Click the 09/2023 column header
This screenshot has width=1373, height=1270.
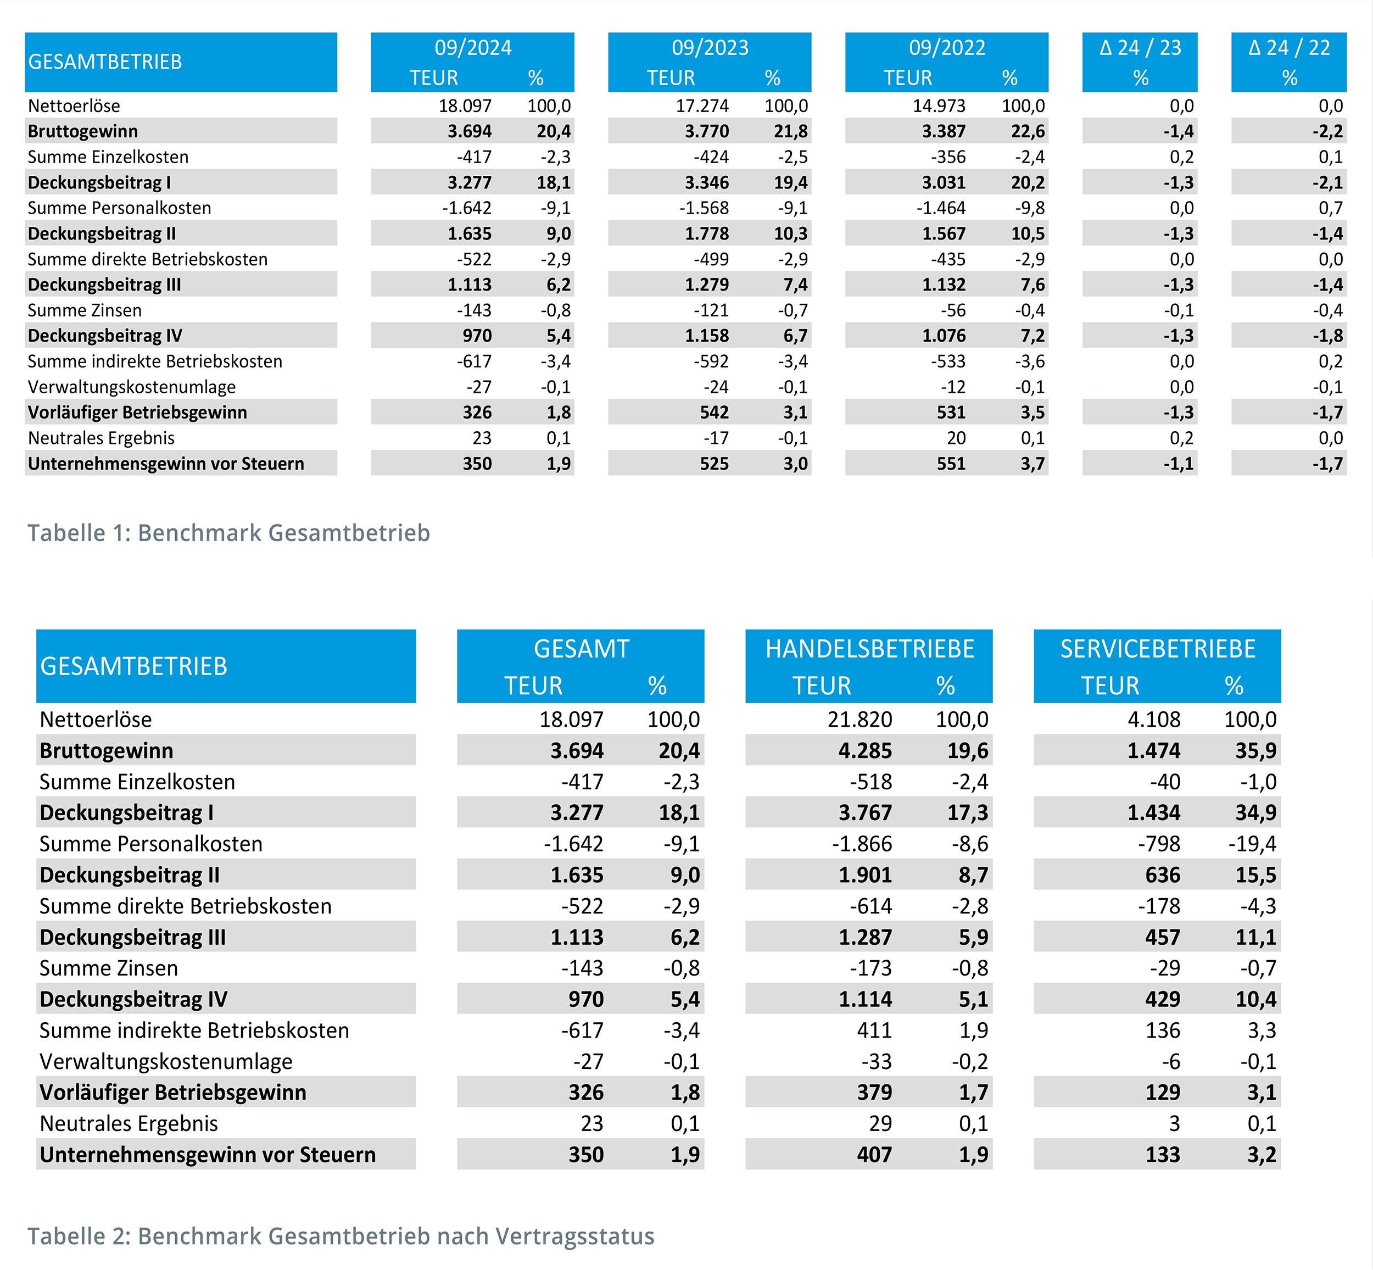tap(710, 47)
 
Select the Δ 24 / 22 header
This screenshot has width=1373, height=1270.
tap(1289, 47)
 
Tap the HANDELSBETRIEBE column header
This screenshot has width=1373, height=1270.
tap(869, 649)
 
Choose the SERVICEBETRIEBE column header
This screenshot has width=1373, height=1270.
tap(1157, 649)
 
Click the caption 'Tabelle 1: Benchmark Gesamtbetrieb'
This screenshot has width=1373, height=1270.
tap(229, 533)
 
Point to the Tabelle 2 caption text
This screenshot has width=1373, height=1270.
tap(341, 1235)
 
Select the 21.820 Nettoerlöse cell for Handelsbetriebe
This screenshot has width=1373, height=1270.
tap(859, 720)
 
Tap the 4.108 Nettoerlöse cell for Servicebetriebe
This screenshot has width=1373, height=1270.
tap(1154, 720)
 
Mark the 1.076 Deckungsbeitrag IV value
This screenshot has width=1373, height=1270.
tap(944, 336)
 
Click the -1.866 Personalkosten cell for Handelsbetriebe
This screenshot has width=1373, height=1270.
tap(862, 844)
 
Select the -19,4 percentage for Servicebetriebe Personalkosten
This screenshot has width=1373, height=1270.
tap(1252, 844)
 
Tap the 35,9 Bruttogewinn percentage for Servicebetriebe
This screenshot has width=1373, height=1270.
tap(1255, 750)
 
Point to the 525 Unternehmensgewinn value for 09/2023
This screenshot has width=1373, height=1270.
tap(714, 464)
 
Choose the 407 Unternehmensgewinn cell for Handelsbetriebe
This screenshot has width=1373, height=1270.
tap(874, 1155)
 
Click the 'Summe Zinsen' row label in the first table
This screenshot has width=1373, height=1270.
tap(85, 310)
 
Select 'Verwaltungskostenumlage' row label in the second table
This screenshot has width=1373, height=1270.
tap(166, 1062)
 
